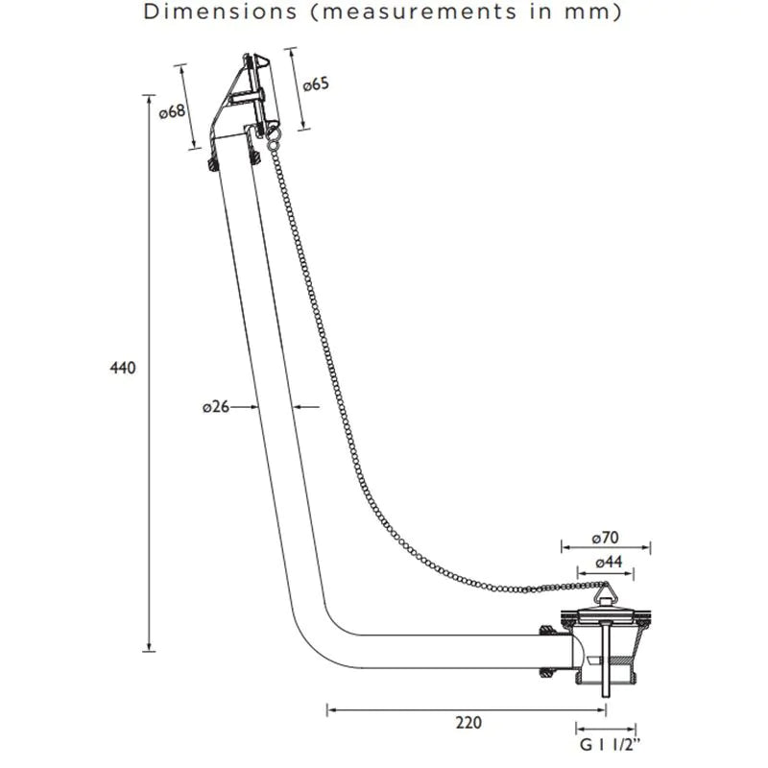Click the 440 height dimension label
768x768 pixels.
pos(123,368)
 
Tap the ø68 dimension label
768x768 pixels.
pos(173,112)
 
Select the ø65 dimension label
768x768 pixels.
pos(316,84)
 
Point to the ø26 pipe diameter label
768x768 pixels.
pos(215,406)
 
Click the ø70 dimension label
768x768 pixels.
pos(606,538)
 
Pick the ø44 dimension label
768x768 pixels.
pos(609,562)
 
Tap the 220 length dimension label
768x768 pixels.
pos(468,723)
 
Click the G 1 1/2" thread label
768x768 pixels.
pos(610,745)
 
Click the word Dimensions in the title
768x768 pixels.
pos(220,12)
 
